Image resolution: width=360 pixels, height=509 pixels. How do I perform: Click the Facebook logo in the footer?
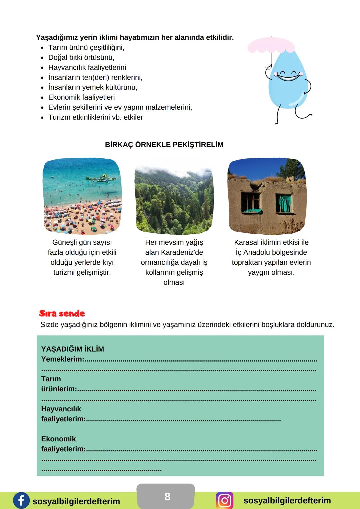pyautogui.click(x=21, y=500)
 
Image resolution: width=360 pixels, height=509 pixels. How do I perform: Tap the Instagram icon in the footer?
pyautogui.click(x=225, y=500)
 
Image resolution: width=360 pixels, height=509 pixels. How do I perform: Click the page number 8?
pyautogui.click(x=167, y=497)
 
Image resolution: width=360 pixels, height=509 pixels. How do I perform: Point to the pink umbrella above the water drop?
pyautogui.click(x=271, y=45)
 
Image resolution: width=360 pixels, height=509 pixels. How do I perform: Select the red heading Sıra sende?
pyautogui.click(x=62, y=313)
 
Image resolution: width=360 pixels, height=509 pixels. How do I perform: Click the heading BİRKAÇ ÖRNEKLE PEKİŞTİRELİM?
pyautogui.click(x=164, y=145)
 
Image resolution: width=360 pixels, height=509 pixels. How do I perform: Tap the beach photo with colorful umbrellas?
pyautogui.click(x=82, y=196)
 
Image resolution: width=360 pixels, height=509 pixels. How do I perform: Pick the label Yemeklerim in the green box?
pyautogui.click(x=63, y=359)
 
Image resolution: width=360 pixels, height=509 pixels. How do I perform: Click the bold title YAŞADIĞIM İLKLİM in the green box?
pyautogui.click(x=73, y=349)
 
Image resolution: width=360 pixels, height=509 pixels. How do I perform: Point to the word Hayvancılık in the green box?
pyautogui.click(x=61, y=409)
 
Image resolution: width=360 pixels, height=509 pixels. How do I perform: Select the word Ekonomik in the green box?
pyautogui.click(x=58, y=439)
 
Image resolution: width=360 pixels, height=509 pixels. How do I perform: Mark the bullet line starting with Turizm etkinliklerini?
pyautogui.click(x=96, y=117)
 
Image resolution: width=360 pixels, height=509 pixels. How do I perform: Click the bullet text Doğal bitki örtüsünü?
pyautogui.click(x=81, y=57)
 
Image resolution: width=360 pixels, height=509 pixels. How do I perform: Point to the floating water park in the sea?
pyautogui.click(x=103, y=178)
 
